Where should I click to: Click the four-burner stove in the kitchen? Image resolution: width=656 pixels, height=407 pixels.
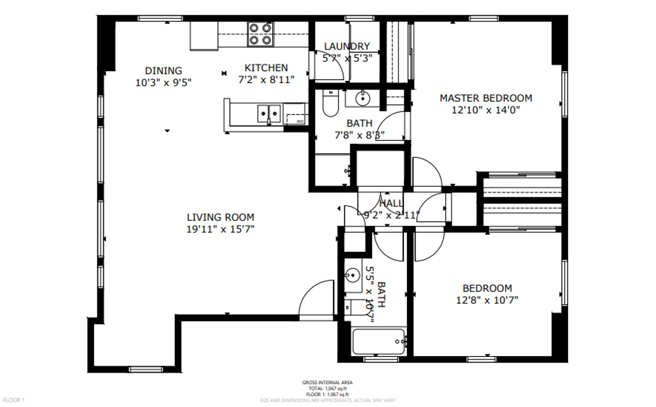[260, 34]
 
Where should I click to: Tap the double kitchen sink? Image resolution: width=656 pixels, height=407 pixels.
[269, 113]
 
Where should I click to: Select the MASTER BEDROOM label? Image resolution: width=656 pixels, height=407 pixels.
[486, 98]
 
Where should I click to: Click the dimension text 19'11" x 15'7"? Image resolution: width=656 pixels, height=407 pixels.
[220, 229]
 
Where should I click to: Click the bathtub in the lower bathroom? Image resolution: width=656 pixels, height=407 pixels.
[378, 341]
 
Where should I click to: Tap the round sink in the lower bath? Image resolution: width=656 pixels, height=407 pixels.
[352, 275]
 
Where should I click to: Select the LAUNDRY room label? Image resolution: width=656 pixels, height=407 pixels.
[347, 46]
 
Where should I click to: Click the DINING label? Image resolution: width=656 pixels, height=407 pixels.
[163, 71]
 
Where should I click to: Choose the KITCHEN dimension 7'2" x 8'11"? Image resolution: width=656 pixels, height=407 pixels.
[266, 80]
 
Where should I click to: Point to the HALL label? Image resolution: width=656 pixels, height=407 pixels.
[391, 203]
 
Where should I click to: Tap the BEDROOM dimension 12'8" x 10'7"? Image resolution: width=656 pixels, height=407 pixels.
[487, 300]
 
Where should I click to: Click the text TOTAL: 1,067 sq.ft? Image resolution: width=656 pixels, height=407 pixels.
[327, 389]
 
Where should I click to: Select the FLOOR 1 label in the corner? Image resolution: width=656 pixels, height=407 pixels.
[14, 400]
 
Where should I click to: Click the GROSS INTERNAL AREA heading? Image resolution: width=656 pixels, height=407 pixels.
[327, 383]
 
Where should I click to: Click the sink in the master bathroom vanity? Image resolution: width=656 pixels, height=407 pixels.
[363, 99]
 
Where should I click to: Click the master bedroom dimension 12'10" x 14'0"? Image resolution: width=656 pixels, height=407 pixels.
[486, 110]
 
